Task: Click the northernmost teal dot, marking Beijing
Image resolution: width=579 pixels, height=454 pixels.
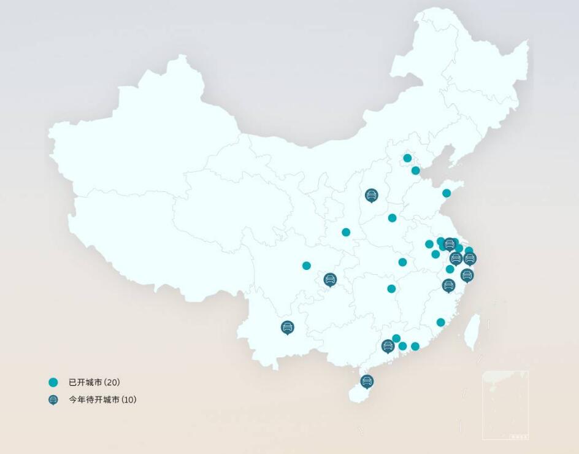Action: pos(407,158)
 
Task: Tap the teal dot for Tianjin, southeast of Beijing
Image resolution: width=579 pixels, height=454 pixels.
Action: pos(416,171)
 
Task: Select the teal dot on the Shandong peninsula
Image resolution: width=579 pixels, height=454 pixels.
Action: pos(447,193)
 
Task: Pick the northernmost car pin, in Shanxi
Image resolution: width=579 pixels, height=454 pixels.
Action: pos(371,195)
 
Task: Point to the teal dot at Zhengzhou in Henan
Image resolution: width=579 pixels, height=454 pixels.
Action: pos(392,218)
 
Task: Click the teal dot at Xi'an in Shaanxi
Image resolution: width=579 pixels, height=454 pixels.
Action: pos(346,232)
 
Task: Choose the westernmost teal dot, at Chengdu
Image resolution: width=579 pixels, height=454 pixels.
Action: pos(307,266)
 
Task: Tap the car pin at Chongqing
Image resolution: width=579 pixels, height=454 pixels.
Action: pos(330,280)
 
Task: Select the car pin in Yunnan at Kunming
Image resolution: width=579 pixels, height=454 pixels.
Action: pos(287,327)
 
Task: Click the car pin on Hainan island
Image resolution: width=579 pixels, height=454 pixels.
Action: pos(367,381)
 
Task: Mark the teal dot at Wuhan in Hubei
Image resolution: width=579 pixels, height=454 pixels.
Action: pos(402,262)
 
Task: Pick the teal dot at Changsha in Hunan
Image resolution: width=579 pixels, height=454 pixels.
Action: pos(391,288)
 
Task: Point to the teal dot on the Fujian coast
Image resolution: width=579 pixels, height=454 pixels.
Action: pos(440,322)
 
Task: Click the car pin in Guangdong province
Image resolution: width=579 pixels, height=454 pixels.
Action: pos(388,346)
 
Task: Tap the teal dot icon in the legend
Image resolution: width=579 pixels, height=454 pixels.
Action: pos(53,382)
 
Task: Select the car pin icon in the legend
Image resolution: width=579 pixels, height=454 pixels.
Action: pos(53,400)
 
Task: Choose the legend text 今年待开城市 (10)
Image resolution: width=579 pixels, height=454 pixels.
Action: pos(102,400)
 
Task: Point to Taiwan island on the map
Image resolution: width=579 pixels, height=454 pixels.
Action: pos(472,332)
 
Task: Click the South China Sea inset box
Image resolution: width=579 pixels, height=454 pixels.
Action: pos(505,405)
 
